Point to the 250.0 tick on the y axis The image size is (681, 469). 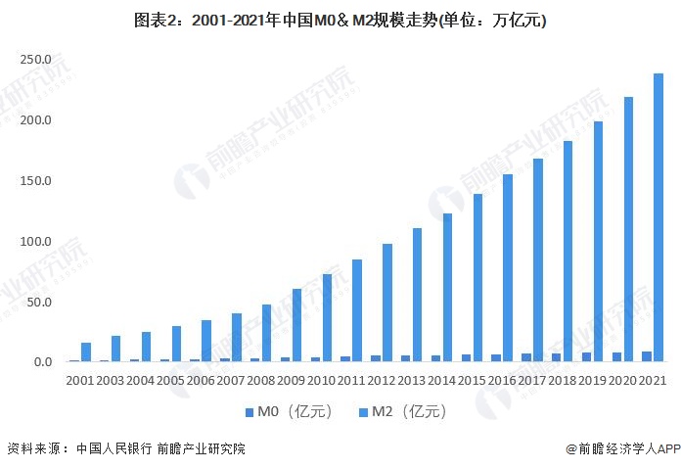click(34, 60)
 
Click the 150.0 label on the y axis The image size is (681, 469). click(34, 181)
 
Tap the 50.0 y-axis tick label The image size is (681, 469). click(37, 302)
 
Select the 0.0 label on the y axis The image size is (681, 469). click(40, 362)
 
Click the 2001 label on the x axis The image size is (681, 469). click(80, 379)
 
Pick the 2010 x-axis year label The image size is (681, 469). click(323, 379)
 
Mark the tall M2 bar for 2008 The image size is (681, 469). click(266, 333)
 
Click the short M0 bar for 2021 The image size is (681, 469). click(646, 356)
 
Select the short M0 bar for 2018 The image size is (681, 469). click(556, 357)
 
